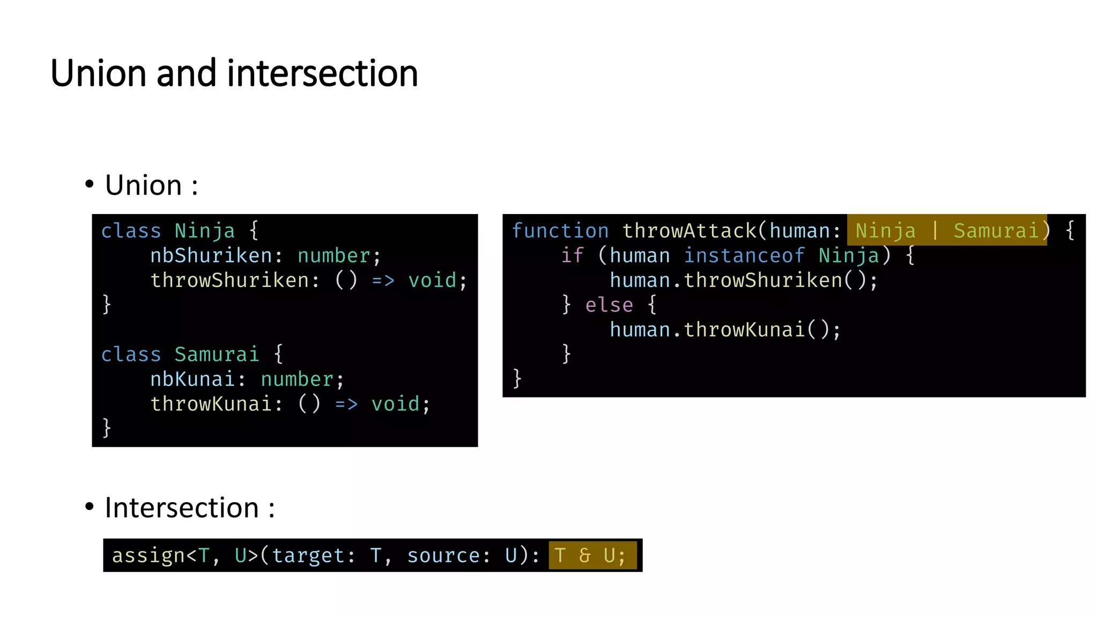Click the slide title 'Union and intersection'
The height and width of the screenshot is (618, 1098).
tap(234, 73)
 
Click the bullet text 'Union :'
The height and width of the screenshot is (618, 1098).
tap(151, 186)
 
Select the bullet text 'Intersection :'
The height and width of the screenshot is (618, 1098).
tap(189, 507)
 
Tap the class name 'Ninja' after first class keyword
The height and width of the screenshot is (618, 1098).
tap(204, 231)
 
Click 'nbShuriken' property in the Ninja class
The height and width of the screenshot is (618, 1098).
tap(211, 256)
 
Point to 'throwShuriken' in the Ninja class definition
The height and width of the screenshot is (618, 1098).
tap(229, 281)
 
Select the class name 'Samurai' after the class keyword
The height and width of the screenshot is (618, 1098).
tap(217, 355)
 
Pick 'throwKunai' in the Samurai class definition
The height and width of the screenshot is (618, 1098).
tap(211, 404)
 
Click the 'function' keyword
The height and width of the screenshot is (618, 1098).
tap(560, 231)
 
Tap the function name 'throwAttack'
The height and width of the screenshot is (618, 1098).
tap(689, 231)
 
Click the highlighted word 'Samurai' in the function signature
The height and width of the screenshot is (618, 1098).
tap(996, 231)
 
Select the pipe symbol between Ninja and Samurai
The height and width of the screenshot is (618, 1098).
tap(935, 231)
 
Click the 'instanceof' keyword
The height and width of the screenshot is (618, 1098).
tap(744, 256)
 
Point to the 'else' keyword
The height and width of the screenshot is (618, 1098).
tap(609, 305)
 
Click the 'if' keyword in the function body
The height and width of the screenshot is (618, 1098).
tap(572, 256)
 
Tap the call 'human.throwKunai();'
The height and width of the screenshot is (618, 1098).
tap(725, 330)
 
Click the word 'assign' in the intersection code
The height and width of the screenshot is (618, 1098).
tap(148, 556)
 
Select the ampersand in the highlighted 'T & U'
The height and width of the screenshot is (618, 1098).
tap(584, 556)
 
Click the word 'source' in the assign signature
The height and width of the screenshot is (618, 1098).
tap(443, 556)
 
